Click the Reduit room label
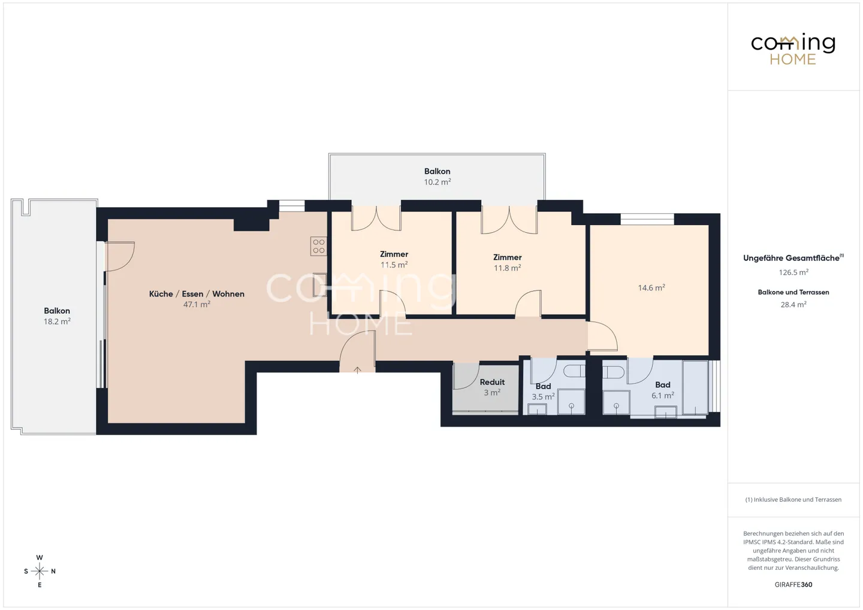[x=492, y=382]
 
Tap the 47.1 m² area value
[x=197, y=305]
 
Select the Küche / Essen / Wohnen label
[x=197, y=294]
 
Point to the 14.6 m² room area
[x=651, y=288]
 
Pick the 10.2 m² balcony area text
[x=437, y=182]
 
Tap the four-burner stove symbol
[x=319, y=246]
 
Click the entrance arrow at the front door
[x=358, y=370]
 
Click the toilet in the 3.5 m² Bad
[x=574, y=371]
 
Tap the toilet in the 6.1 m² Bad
[x=613, y=372]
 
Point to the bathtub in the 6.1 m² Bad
[x=695, y=387]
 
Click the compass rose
[x=40, y=571]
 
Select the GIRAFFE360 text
[x=793, y=585]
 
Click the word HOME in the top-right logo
[x=792, y=59]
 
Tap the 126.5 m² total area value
[x=793, y=272]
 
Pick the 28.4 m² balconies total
[x=793, y=305]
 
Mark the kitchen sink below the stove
[x=319, y=284]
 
